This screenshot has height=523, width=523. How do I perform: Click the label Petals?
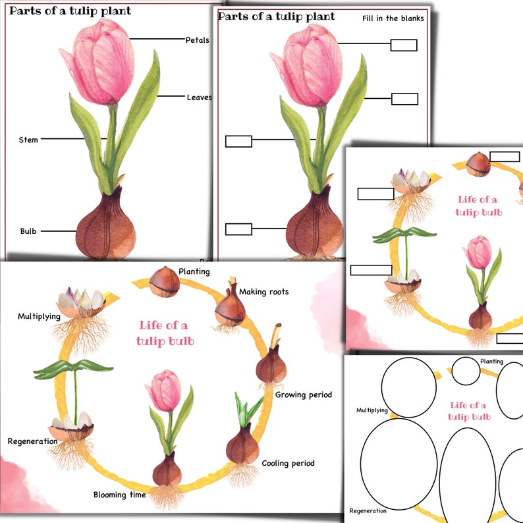click(197, 40)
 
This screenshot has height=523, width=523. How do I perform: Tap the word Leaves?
click(199, 97)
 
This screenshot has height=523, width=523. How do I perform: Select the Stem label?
click(28, 140)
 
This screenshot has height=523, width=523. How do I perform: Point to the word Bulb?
click(28, 231)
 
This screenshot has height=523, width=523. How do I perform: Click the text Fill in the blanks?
click(393, 18)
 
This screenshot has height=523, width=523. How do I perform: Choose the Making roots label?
click(263, 292)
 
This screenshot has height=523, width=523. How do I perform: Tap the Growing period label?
click(303, 395)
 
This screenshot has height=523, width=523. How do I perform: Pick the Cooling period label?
click(288, 463)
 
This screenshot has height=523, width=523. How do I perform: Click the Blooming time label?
click(119, 495)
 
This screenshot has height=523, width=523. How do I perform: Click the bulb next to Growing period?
click(271, 366)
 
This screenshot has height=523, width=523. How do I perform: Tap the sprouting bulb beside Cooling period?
click(242, 445)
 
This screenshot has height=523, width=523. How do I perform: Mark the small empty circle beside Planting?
click(465, 372)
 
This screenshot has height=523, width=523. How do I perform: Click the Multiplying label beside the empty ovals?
click(372, 410)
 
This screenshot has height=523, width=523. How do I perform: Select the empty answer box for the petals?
click(403, 45)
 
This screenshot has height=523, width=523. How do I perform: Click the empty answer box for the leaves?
click(404, 99)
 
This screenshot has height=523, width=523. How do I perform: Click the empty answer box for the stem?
click(238, 141)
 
